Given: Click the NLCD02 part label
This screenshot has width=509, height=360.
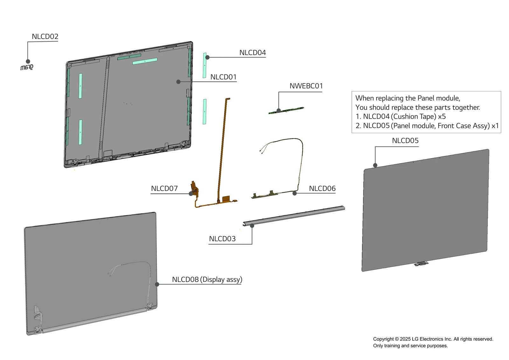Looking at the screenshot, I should click(x=45, y=37).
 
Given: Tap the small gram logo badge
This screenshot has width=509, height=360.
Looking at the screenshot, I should click(x=27, y=67).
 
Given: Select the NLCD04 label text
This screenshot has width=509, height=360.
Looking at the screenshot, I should click(x=252, y=53).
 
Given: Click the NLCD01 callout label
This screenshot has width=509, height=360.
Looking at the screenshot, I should click(x=223, y=77).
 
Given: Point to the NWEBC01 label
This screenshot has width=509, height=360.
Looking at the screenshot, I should click(x=306, y=86).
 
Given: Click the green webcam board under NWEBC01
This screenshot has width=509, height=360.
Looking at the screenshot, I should click(x=286, y=110).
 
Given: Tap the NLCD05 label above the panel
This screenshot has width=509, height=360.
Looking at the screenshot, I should click(x=405, y=141).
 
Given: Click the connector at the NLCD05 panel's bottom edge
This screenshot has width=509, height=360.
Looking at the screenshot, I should click(x=421, y=264).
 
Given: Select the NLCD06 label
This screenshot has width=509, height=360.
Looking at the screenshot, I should click(x=322, y=188).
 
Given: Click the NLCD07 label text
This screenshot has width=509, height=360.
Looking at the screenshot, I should click(x=164, y=188).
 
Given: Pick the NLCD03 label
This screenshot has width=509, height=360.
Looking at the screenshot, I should click(x=222, y=239).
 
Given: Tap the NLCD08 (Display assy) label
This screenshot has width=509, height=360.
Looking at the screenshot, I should click(x=207, y=279).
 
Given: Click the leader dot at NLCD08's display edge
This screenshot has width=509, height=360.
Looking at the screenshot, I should click(x=157, y=284).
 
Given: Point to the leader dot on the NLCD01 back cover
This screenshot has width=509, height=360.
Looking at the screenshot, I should click(x=178, y=82).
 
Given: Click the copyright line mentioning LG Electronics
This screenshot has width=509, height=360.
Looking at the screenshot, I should click(x=433, y=339).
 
